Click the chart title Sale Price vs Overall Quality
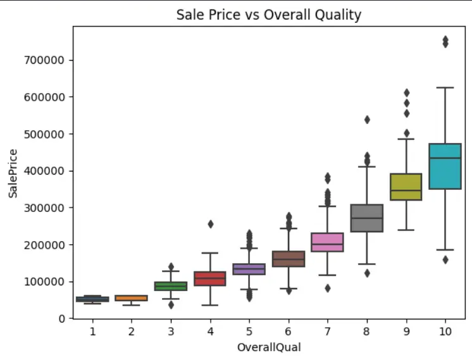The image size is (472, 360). [269, 14]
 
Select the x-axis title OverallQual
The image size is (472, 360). [269, 347]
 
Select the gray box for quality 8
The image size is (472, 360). [367, 218]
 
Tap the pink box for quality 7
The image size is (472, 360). [328, 242]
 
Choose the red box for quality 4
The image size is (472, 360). [210, 278]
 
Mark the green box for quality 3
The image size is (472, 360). [171, 286]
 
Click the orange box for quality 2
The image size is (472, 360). [132, 298]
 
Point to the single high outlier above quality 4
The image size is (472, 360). [210, 224]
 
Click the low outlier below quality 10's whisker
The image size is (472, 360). [445, 259]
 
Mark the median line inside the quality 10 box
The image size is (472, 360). [445, 158]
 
